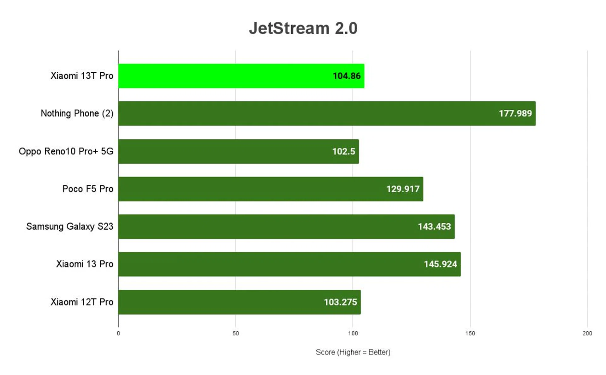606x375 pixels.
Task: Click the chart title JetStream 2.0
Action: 303,28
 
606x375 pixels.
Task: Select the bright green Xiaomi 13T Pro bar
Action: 241,76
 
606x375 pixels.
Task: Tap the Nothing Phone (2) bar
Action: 327,113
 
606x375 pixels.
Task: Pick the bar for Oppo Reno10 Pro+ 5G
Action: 238,151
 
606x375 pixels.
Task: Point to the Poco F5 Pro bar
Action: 270,189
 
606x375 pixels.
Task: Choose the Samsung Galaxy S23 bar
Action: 286,227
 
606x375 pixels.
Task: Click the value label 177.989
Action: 515,113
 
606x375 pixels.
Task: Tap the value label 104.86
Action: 346,76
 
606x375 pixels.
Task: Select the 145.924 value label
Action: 440,264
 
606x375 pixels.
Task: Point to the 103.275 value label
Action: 340,302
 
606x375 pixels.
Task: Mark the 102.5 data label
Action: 343,151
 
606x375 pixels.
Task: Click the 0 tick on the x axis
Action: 118,333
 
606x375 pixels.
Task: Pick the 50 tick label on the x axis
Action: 235,333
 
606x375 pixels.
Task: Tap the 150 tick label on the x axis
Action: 470,333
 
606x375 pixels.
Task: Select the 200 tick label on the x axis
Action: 587,333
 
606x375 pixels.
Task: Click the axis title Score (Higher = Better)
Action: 353,352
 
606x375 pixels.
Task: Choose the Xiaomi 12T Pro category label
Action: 82,302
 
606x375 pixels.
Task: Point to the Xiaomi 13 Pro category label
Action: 85,264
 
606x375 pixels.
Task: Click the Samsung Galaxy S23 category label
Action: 69,227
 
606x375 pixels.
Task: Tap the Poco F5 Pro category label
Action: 88,189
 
